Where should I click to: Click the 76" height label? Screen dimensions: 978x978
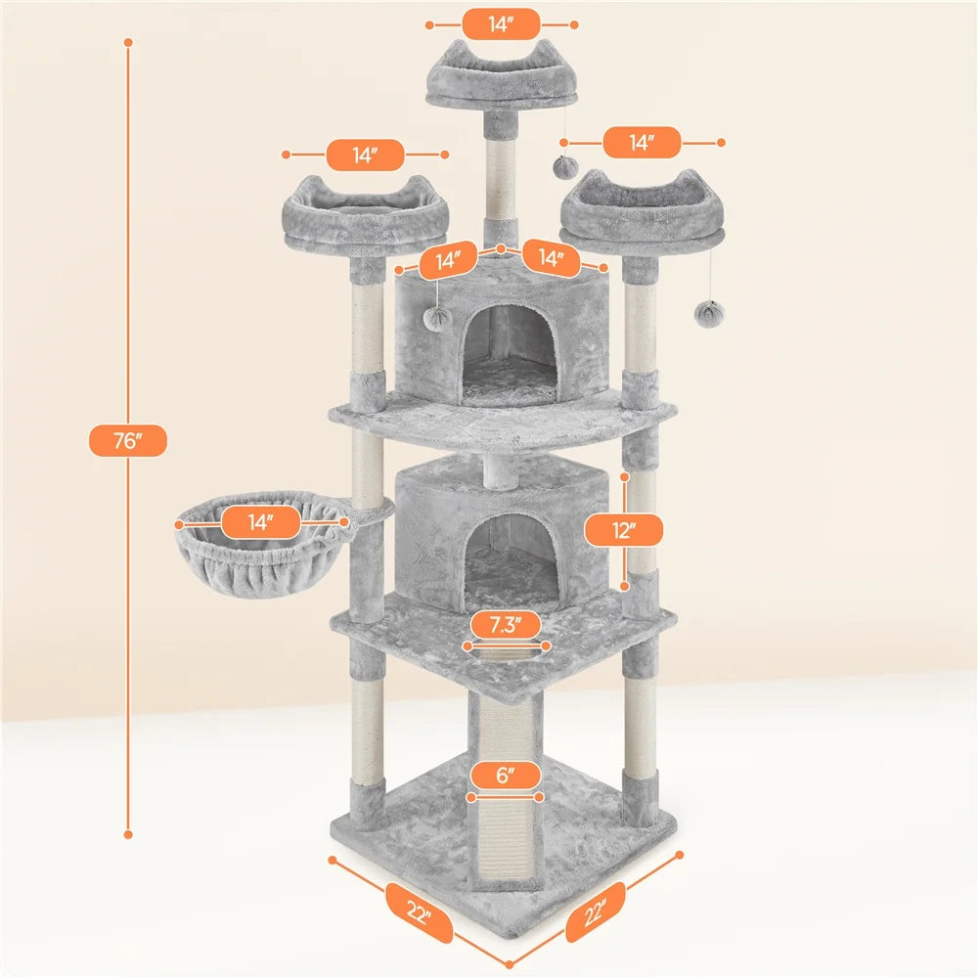(x=127, y=441)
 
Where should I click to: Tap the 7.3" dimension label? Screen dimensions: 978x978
(x=503, y=626)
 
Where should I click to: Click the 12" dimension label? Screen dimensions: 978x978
(x=624, y=531)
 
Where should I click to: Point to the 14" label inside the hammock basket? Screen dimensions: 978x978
(x=260, y=523)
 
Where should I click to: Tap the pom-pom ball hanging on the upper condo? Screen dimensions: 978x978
(x=437, y=319)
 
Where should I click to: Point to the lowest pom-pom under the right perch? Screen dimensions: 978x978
(x=707, y=313)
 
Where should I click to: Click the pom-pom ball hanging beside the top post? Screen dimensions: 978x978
(x=564, y=166)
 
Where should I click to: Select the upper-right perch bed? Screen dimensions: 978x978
(x=643, y=210)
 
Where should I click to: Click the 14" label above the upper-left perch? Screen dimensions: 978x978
(x=365, y=155)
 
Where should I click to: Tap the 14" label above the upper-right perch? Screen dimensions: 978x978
(x=642, y=143)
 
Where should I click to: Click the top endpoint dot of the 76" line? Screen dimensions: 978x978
(x=127, y=43)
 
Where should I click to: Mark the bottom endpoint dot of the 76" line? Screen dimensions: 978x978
(x=127, y=834)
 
